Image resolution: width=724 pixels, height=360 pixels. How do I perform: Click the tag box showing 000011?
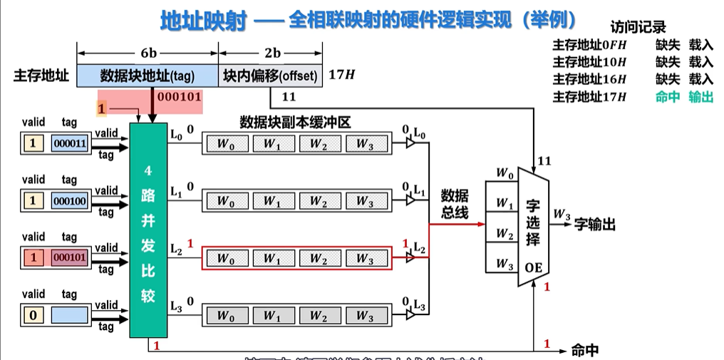[70, 143]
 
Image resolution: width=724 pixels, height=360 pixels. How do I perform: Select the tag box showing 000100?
[70, 201]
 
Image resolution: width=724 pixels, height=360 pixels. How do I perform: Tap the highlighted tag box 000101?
[70, 257]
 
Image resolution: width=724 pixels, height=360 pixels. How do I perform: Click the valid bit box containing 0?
[32, 314]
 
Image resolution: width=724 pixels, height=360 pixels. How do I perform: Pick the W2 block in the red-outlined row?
[318, 258]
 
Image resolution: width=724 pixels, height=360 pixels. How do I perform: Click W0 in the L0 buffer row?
[225, 143]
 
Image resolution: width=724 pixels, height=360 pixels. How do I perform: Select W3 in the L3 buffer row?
[364, 314]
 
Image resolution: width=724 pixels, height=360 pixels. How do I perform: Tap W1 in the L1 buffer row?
[271, 201]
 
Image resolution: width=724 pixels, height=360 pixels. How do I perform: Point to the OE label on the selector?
[534, 268]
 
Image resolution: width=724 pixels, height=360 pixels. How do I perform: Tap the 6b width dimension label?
[148, 53]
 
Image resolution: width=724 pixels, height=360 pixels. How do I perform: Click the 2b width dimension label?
[271, 53]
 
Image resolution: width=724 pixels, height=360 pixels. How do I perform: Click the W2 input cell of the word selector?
[505, 234]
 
